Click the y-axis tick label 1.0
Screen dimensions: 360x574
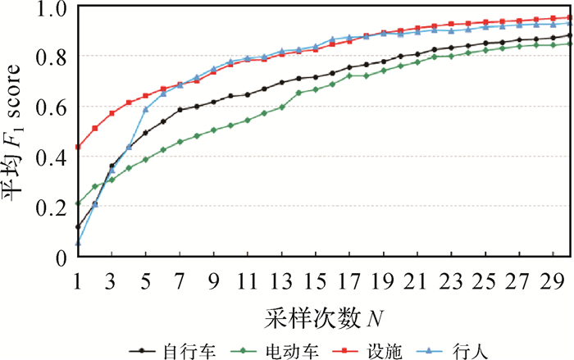click(x=52, y=10)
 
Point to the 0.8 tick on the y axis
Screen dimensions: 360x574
click(x=52, y=57)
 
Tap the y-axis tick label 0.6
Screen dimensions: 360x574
click(x=52, y=107)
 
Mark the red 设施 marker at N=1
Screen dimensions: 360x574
click(x=78, y=148)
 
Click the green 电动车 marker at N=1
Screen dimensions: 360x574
click(x=78, y=203)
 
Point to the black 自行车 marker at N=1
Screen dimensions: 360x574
click(x=78, y=226)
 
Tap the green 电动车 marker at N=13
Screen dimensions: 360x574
click(x=282, y=107)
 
